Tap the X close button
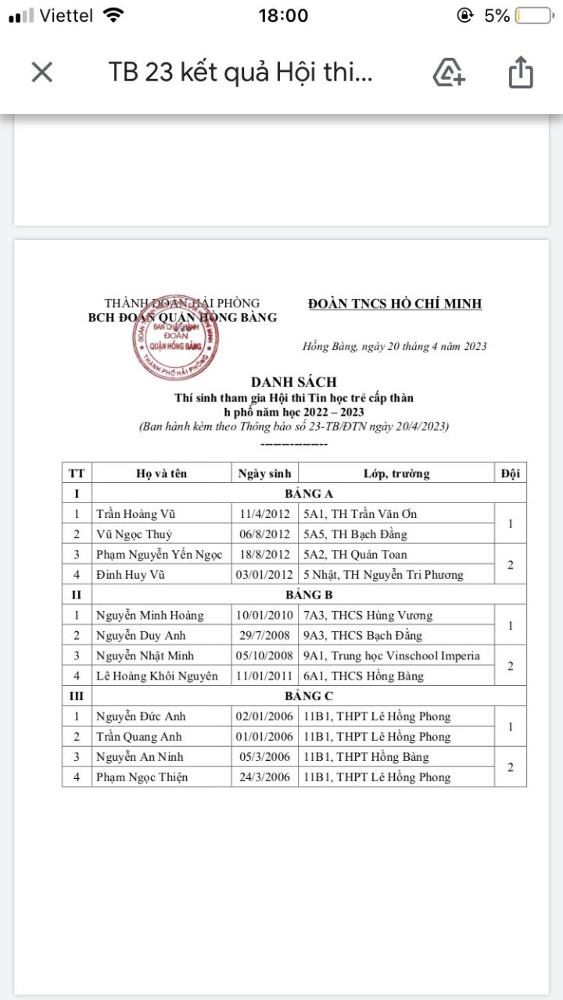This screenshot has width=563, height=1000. (41, 73)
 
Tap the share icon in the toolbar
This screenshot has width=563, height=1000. (520, 73)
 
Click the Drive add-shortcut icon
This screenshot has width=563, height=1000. (449, 73)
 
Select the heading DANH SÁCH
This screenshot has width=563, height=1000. (293, 382)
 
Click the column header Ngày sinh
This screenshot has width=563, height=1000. (265, 473)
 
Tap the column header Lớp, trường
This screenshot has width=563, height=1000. (396, 473)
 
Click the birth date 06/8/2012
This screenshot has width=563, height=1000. (265, 534)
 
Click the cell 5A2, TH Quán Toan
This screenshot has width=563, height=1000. (355, 555)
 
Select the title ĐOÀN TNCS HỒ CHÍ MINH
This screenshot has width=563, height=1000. (395, 304)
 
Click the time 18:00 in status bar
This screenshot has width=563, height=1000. (283, 16)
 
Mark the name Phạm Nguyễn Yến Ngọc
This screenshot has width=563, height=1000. (159, 555)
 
